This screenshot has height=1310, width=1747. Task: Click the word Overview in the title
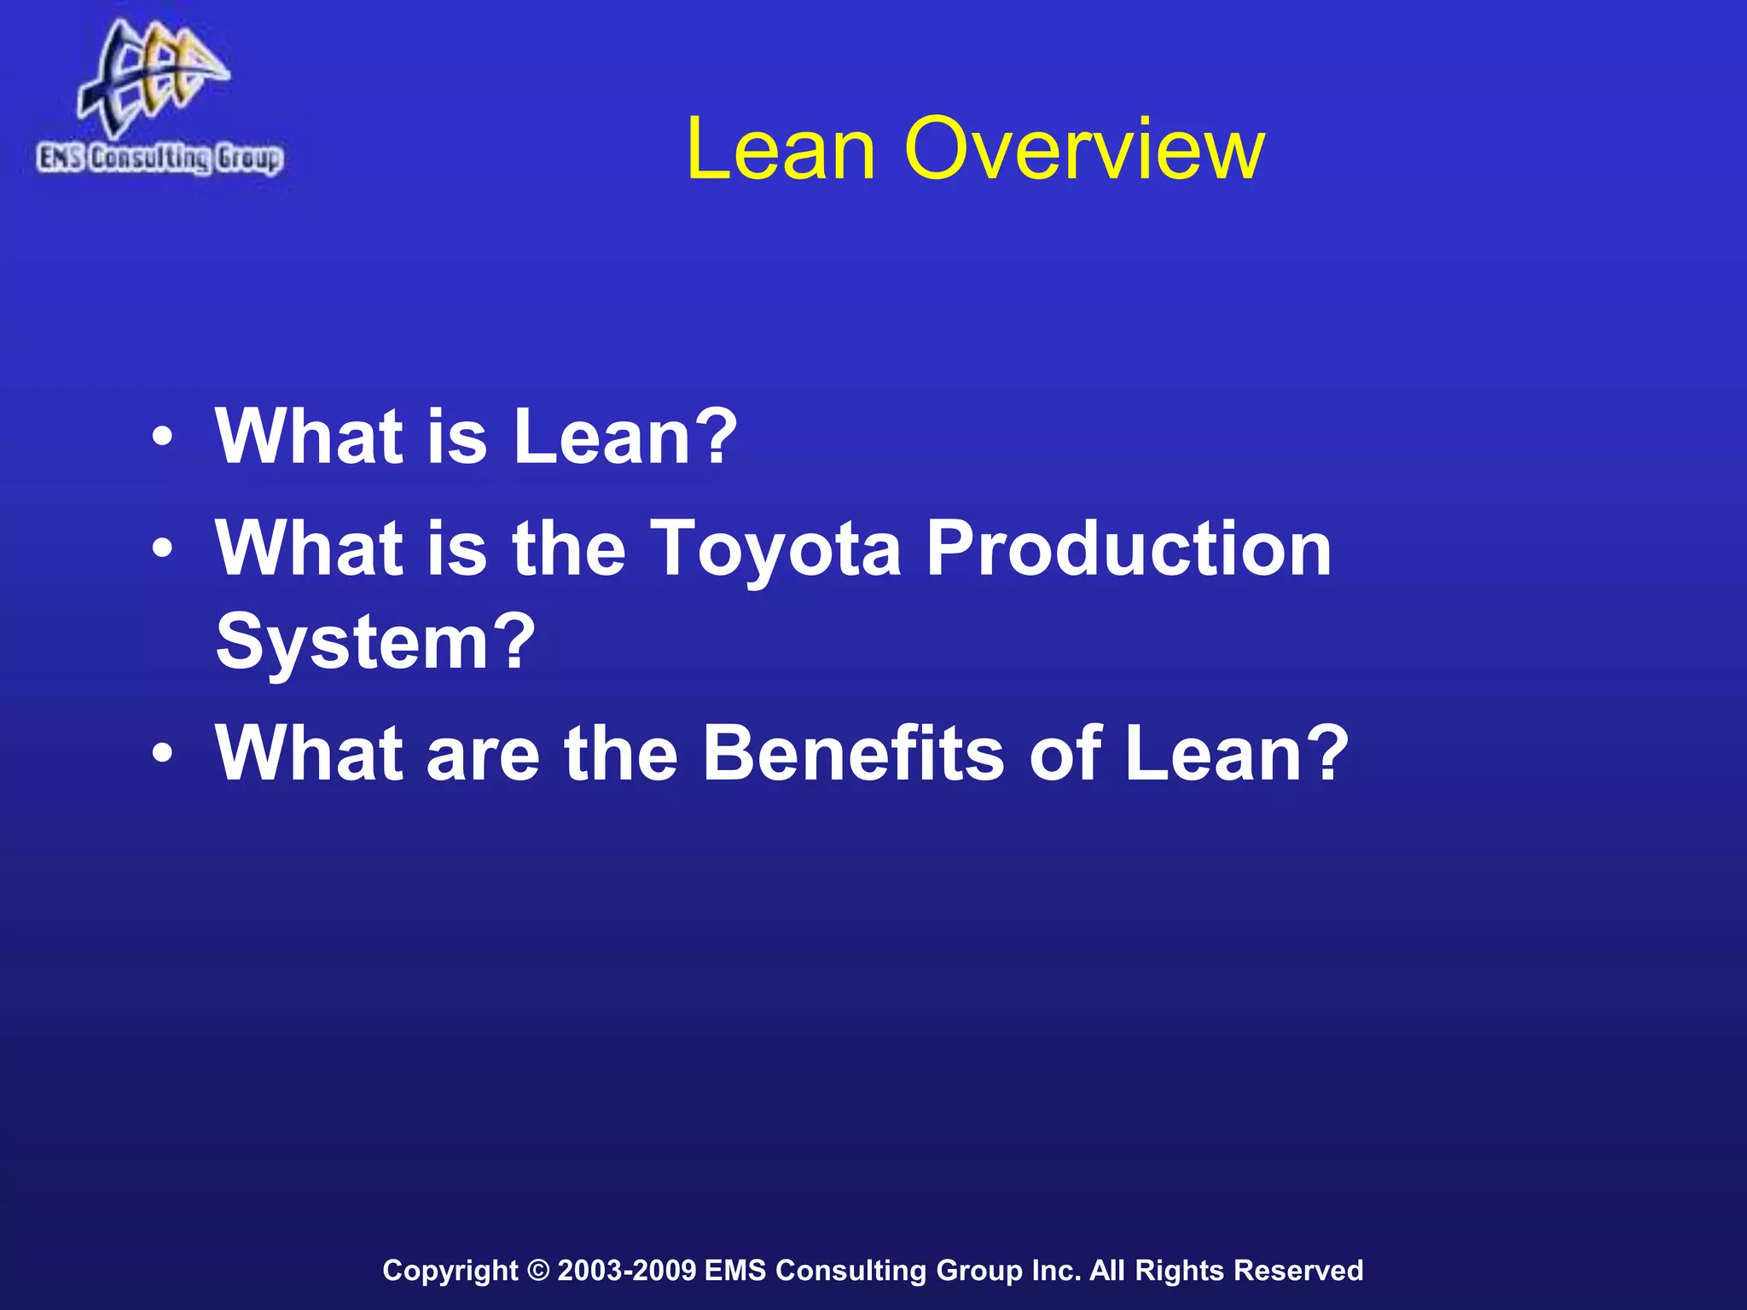(1083, 149)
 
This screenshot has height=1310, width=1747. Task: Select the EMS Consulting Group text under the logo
(160, 159)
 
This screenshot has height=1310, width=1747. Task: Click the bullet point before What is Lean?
(162, 439)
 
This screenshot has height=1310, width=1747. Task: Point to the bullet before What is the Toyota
(162, 550)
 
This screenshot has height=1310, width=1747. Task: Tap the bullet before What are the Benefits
(162, 755)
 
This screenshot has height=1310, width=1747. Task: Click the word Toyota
(776, 550)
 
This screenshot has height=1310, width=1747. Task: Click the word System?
(375, 642)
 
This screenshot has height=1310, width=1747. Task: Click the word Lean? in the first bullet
(624, 437)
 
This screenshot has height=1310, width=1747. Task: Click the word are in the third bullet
(483, 754)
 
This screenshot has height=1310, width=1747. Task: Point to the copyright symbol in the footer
(538, 1270)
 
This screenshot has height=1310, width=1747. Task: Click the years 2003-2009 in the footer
(627, 1270)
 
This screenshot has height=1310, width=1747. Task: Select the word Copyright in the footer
(450, 1271)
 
